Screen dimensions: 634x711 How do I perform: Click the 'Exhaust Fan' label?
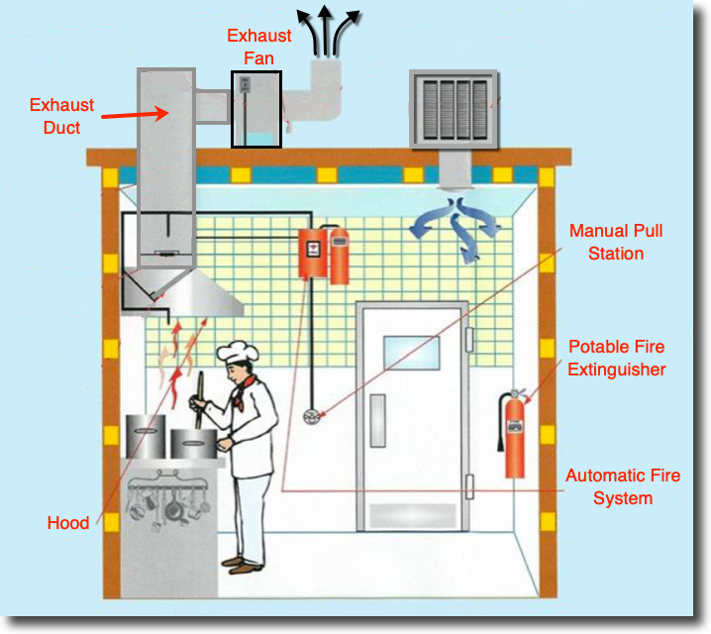tap(259, 47)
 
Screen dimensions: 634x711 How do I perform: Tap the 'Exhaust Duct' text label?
tap(62, 115)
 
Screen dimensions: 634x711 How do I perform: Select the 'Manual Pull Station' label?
tap(616, 242)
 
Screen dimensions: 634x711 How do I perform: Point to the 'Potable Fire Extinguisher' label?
tap(616, 359)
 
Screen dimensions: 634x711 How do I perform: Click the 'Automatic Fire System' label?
tap(623, 486)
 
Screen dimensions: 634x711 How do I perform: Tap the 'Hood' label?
tap(68, 523)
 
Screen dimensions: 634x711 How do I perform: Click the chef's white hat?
tap(237, 352)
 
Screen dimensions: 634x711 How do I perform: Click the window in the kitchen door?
tap(412, 353)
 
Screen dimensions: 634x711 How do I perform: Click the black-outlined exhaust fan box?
tap(255, 109)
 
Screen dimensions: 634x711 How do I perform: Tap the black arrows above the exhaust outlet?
tap(331, 28)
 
